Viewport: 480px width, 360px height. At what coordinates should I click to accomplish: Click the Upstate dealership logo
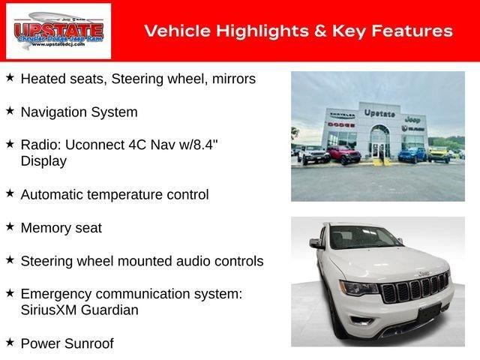click(58, 31)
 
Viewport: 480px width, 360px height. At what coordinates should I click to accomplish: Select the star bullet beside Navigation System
click(10, 111)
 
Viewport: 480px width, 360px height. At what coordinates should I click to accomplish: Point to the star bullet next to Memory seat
click(10, 226)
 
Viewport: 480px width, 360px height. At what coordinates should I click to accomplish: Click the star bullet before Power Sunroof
click(10, 343)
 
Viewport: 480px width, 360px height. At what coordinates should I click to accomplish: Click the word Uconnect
click(88, 145)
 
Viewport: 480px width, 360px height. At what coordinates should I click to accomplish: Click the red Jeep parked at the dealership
click(343, 154)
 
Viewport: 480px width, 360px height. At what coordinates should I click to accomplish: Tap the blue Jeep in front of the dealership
click(412, 154)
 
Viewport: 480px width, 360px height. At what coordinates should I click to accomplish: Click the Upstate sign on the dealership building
click(379, 112)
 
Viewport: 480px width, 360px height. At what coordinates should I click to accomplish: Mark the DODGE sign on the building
click(340, 124)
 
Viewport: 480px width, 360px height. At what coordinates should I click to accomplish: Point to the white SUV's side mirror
click(317, 244)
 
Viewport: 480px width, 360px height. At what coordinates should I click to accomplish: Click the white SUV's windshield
click(364, 238)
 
